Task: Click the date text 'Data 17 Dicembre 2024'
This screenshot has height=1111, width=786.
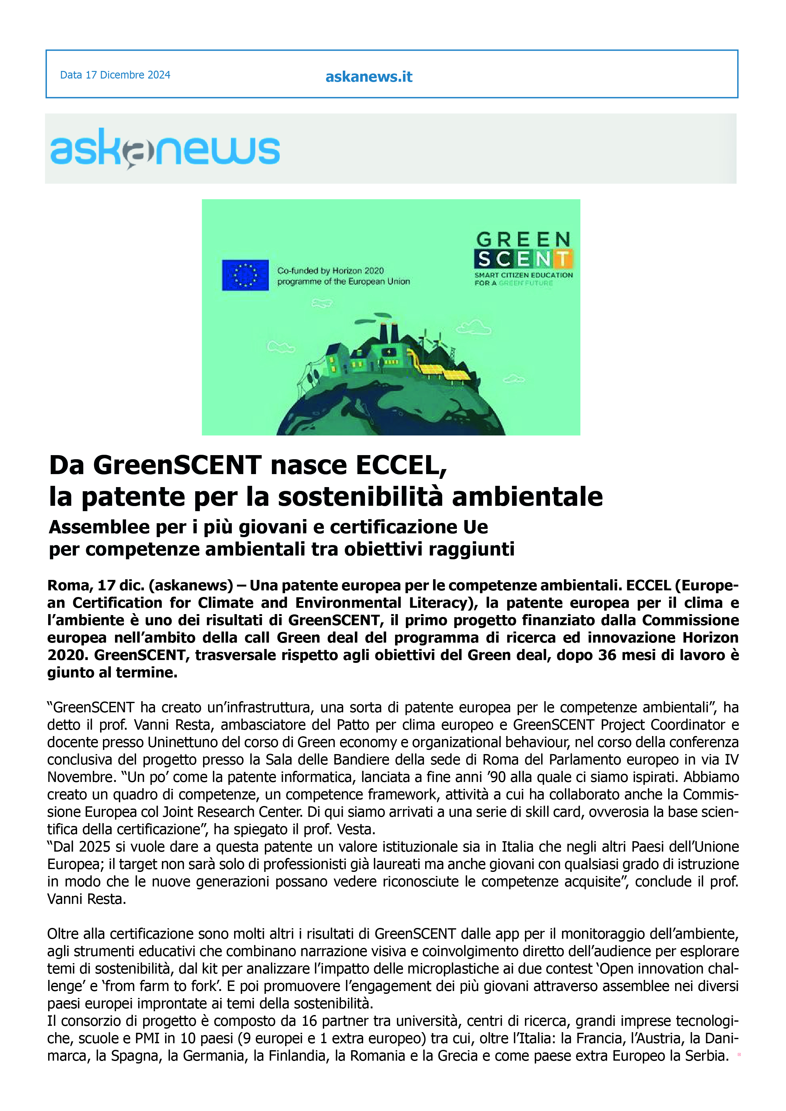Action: [115, 75]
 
